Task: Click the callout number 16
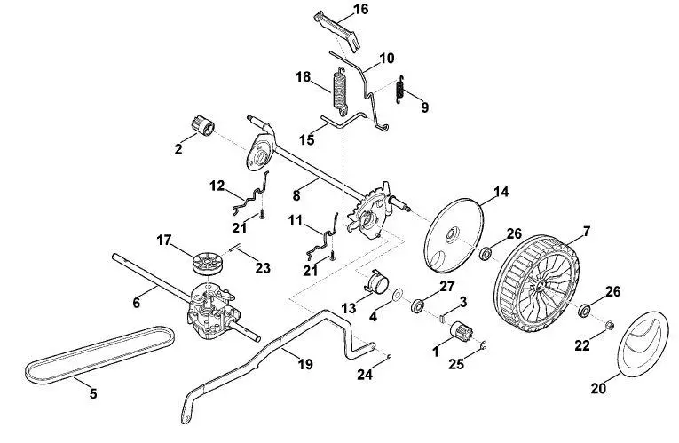pos(360,9)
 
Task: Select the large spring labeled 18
pos(339,91)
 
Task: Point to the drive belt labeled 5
pos(99,354)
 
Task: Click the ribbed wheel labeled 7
pos(536,283)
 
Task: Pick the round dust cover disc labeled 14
pos(454,235)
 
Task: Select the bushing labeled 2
pos(203,125)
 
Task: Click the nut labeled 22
pos(608,325)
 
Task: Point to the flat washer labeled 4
pos(397,296)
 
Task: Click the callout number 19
pos(305,364)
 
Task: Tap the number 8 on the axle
pos(296,195)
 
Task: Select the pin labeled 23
pos(235,248)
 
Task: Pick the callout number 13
pos(349,308)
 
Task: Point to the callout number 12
pos(217,186)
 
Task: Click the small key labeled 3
pos(441,319)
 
